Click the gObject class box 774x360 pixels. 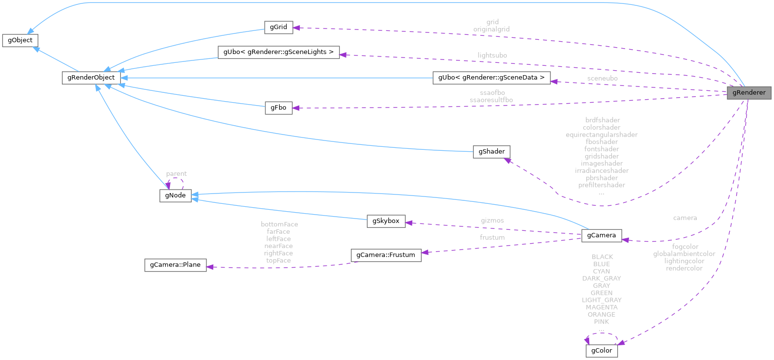[x=20, y=40]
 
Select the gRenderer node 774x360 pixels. [x=748, y=92]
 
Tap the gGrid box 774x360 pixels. [x=278, y=27]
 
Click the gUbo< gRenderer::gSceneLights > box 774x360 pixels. [x=279, y=52]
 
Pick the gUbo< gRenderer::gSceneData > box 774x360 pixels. [x=491, y=78]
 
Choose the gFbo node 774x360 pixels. [x=278, y=108]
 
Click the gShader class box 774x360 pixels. [x=491, y=152]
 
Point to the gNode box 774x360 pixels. [x=175, y=195]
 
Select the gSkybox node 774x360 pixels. [x=386, y=221]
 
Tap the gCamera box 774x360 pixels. [x=601, y=235]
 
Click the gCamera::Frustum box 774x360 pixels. [x=385, y=255]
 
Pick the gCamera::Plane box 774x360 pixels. [x=175, y=265]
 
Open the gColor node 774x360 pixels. [x=602, y=351]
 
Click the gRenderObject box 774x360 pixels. [x=91, y=78]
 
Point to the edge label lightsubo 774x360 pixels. [x=492, y=55]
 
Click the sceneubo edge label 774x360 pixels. [x=602, y=79]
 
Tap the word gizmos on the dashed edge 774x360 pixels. [x=492, y=221]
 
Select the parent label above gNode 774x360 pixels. [x=176, y=174]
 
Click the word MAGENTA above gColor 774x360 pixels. [x=602, y=307]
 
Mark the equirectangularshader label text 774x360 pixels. [x=602, y=135]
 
